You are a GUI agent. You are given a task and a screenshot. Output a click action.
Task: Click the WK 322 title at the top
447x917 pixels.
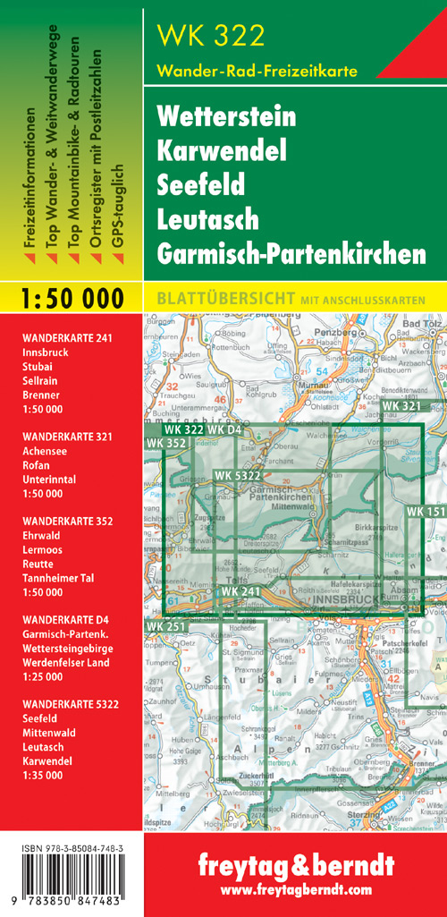tap(210, 36)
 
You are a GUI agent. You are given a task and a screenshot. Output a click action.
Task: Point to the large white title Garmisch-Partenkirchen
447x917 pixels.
tap(291, 254)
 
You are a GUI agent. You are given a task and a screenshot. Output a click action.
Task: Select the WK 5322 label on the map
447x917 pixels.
tap(237, 474)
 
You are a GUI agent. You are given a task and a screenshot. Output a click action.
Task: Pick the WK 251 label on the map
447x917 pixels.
tap(165, 625)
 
